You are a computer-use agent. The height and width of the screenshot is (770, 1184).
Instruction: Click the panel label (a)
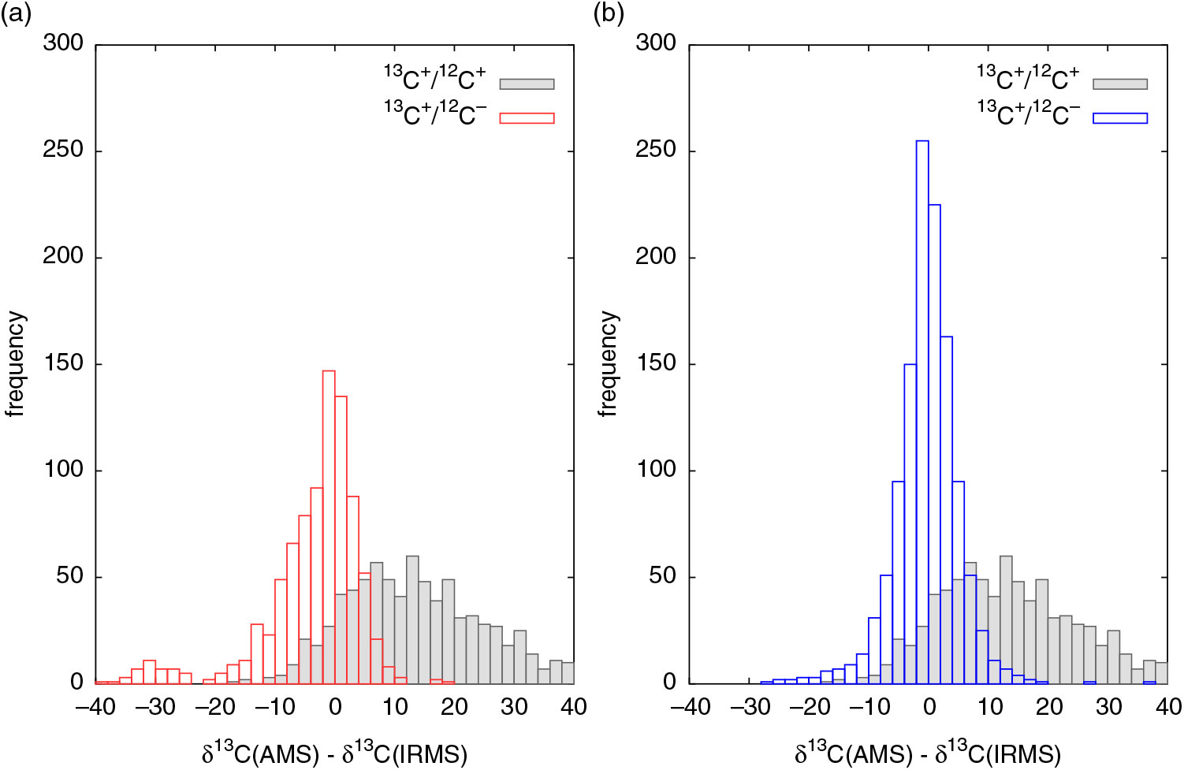[x=16, y=14]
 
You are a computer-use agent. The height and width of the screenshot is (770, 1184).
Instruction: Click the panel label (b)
[x=609, y=14]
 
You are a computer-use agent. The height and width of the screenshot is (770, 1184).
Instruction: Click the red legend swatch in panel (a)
[x=527, y=118]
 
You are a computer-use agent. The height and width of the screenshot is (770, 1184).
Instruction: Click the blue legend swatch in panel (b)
[x=1119, y=118]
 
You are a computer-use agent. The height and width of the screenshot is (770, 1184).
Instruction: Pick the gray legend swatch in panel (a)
[x=527, y=84]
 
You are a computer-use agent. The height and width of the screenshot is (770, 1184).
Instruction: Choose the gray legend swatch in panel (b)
[x=1119, y=84]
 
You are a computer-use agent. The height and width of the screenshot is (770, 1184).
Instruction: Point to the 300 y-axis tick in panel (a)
[x=63, y=43]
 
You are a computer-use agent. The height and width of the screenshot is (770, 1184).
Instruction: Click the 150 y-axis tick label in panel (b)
[x=656, y=363]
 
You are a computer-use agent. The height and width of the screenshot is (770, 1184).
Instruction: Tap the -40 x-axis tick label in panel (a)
[x=95, y=707]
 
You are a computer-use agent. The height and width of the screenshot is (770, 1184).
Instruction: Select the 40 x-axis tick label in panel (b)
[x=1167, y=707]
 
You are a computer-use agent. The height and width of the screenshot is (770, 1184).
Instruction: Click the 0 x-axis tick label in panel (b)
[x=929, y=707]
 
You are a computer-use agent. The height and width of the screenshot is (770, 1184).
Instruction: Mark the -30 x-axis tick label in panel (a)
[x=155, y=707]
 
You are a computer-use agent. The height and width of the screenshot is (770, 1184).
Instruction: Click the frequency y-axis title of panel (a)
[x=16, y=363]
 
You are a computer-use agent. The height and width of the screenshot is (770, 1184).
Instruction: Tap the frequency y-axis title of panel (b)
[x=609, y=363]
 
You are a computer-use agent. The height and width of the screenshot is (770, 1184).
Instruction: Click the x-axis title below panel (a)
[x=334, y=753]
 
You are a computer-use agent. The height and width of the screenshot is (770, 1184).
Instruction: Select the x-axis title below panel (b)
[x=928, y=753]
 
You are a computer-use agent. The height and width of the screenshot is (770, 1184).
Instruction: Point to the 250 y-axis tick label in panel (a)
[x=63, y=150]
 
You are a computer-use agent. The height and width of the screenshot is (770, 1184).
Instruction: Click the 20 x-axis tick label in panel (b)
[x=1048, y=707]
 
